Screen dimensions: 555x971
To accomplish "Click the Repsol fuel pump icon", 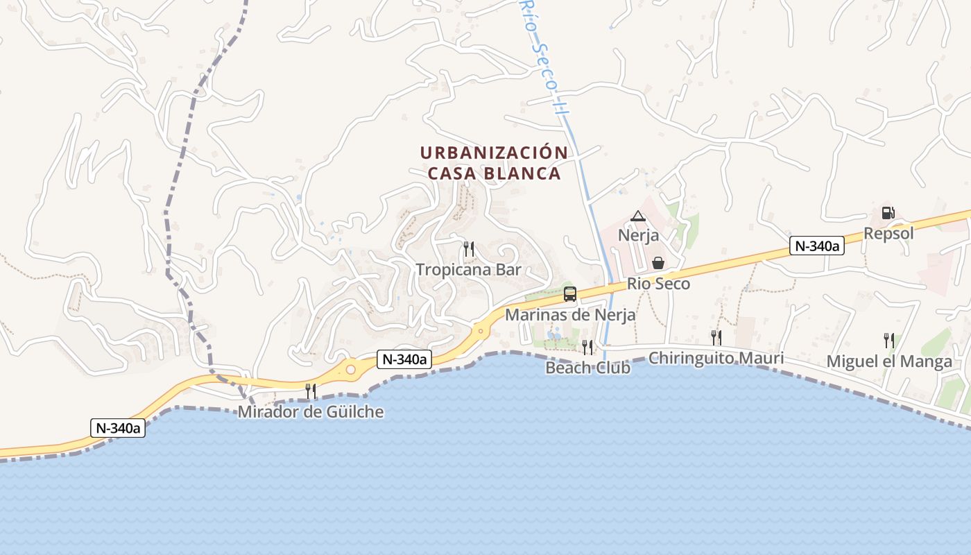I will click(888, 213).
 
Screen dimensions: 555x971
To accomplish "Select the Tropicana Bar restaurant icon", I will click(469, 248).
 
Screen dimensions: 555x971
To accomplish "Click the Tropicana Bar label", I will click(468, 270).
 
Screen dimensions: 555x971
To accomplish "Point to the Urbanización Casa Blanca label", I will click(494, 163).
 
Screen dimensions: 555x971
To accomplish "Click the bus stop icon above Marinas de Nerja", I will click(570, 294).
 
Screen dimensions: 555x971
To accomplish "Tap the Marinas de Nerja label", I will click(570, 315).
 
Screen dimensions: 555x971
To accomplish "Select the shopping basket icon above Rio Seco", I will click(658, 263).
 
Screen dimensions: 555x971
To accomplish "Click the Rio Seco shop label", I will click(658, 283).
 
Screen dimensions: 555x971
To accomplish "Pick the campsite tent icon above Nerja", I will click(638, 216).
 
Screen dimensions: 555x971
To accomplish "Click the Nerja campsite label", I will click(638, 235).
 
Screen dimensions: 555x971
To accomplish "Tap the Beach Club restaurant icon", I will click(587, 347).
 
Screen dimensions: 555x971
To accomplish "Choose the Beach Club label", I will click(587, 368).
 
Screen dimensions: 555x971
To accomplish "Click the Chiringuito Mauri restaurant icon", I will click(716, 337).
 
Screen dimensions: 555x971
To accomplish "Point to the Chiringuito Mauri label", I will click(716, 359).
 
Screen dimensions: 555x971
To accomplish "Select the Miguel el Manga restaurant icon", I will click(889, 340).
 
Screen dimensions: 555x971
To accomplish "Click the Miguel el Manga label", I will click(889, 361).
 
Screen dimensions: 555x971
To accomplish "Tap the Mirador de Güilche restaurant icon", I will click(311, 391).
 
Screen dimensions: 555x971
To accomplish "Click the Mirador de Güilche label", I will click(311, 412).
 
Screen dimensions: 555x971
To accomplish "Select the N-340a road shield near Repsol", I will click(816, 246).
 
